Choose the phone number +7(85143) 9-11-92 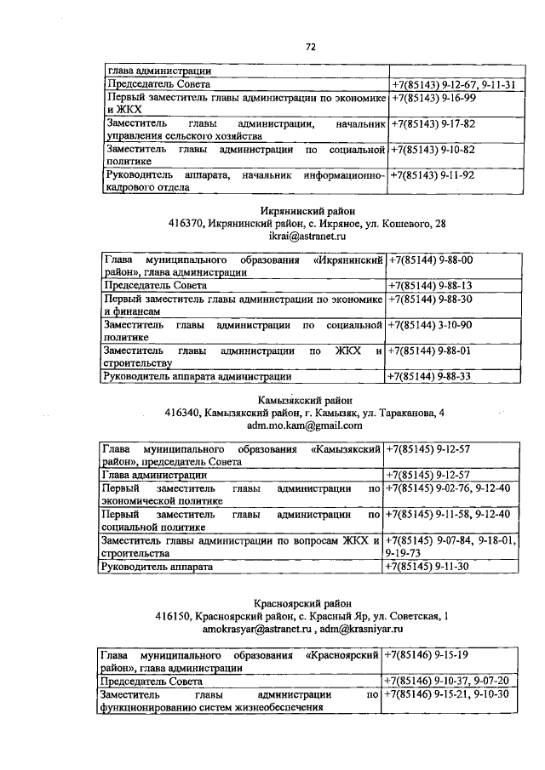click(433, 175)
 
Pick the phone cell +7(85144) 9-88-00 click(431, 260)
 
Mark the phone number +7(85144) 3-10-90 click(431, 325)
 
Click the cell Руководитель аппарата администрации click(198, 375)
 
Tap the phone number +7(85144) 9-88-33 click(431, 375)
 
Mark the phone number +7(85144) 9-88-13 click(431, 286)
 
